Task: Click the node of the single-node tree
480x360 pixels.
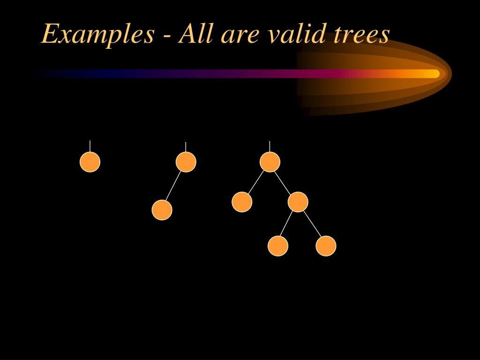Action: [x=90, y=162]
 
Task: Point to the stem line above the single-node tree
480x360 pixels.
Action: [x=90, y=146]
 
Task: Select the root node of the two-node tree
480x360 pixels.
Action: [x=186, y=162]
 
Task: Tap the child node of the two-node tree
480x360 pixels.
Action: [x=162, y=210]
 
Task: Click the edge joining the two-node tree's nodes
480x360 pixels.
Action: [x=174, y=186]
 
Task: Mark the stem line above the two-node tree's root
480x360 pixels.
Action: [x=186, y=147]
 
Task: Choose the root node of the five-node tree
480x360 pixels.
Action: [x=270, y=162]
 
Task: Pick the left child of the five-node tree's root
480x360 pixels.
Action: [x=242, y=202]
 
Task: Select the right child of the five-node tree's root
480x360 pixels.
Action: [x=298, y=202]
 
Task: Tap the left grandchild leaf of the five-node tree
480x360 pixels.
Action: [x=278, y=246]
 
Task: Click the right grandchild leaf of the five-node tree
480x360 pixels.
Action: [x=326, y=246]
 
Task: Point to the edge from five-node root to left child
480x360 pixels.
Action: [x=256, y=182]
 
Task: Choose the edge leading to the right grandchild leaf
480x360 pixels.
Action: [x=312, y=224]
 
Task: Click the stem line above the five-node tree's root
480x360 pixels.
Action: [x=270, y=146]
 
